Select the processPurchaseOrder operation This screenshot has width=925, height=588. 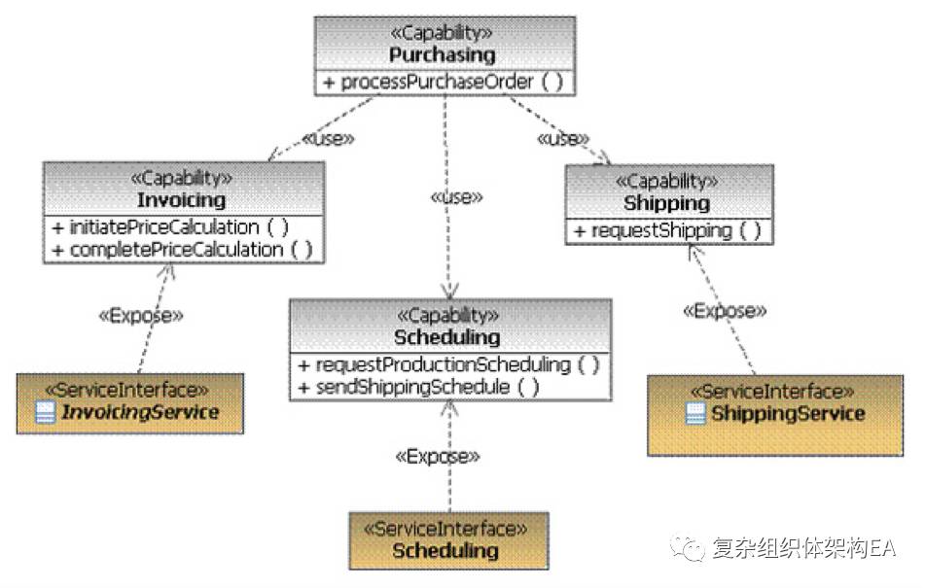pos(444,82)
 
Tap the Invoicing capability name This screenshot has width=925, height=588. pos(181,200)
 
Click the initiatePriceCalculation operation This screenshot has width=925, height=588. pos(171,226)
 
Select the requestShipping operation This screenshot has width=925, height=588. pos(666,230)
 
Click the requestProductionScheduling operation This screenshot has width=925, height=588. pos(449,364)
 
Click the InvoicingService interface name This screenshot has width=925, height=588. pos(140,412)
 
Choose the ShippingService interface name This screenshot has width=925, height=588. pos(787,414)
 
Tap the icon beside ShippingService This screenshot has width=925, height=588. pos(694,414)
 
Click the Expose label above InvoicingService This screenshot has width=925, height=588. pos(142,315)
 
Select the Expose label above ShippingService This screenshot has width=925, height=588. pos(725,311)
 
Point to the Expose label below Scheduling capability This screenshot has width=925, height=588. pos(438,456)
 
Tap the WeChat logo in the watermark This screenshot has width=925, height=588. pos(692,549)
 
